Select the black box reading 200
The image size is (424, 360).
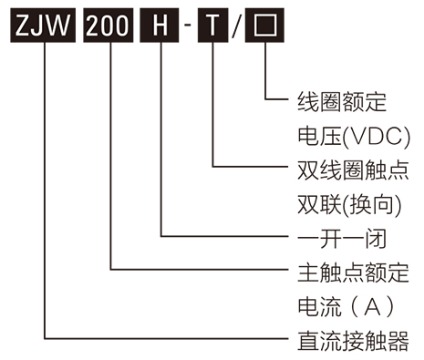tap(110, 25)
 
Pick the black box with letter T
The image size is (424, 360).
tap(212, 25)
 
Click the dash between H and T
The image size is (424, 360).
tap(187, 26)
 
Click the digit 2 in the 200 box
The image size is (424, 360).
tap(95, 25)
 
